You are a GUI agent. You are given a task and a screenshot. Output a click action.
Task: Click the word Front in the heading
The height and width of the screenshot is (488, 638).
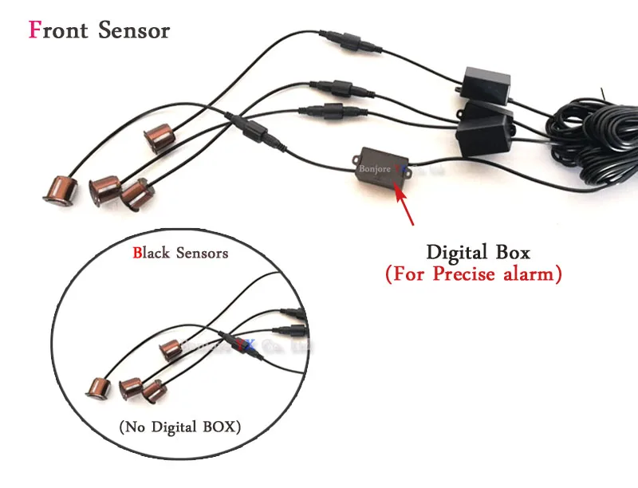[x=59, y=30]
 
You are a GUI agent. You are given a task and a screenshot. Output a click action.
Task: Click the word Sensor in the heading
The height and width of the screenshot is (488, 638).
[x=134, y=30]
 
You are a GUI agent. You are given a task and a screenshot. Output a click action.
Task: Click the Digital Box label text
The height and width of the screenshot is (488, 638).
[x=477, y=253]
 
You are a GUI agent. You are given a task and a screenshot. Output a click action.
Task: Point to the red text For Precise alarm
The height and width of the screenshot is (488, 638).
[x=474, y=274]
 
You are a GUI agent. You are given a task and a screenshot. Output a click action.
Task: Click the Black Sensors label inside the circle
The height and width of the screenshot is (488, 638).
[x=180, y=254]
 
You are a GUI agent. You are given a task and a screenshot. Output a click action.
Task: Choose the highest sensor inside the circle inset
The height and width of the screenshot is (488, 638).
[x=172, y=348]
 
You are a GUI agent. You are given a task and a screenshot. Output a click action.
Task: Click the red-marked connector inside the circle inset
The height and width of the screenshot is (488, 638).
[x=236, y=344]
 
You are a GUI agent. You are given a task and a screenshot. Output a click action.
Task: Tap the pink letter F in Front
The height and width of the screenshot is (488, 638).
[x=35, y=30]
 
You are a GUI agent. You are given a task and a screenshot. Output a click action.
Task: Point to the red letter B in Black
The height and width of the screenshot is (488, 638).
[x=137, y=254]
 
